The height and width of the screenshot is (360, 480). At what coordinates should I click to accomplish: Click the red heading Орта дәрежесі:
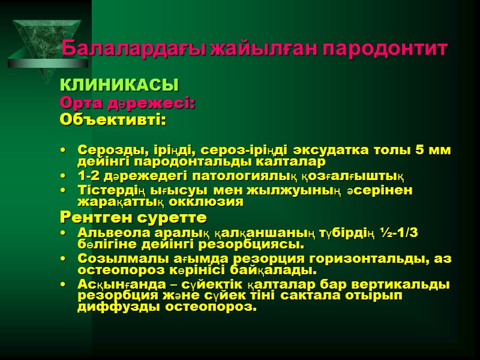[127, 103]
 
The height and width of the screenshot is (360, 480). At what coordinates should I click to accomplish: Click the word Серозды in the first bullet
[109, 149]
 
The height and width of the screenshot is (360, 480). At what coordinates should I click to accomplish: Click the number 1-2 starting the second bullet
[89, 176]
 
